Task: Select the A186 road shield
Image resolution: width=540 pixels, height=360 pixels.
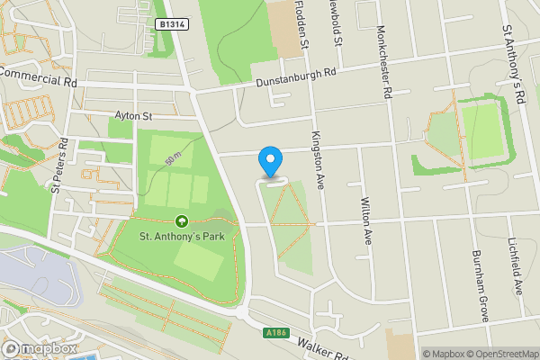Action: [277, 333]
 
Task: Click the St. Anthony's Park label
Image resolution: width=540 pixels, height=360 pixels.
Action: [186, 237]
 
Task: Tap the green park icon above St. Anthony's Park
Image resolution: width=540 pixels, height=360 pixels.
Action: [182, 220]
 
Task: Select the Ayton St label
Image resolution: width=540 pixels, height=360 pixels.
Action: [134, 115]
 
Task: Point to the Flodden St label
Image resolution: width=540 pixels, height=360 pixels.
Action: [303, 24]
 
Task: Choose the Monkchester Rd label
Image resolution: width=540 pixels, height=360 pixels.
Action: [386, 60]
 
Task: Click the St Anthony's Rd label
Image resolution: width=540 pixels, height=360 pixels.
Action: [514, 62]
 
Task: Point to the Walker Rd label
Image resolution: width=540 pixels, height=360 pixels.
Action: [322, 350]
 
